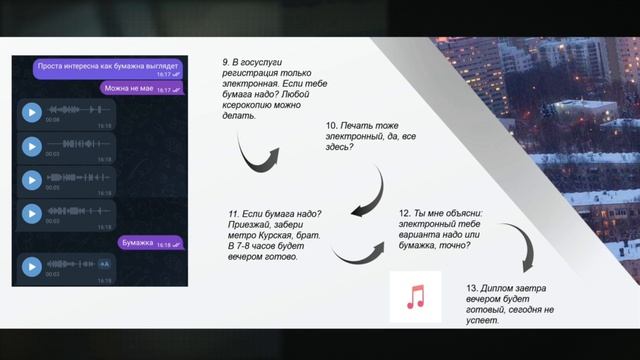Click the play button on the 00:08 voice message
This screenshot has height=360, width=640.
32,112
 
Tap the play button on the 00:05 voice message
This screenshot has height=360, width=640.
32,180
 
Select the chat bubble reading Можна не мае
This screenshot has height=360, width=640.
143,89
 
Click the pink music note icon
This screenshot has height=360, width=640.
415,296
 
